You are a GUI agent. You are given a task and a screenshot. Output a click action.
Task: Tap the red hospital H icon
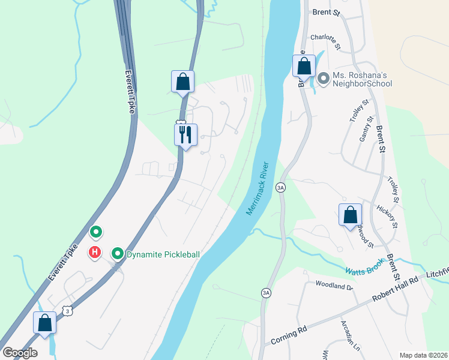[x=95, y=253]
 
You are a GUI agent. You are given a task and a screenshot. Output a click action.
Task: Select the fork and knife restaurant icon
[x=185, y=134]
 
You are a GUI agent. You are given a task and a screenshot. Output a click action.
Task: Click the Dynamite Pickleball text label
[x=163, y=254]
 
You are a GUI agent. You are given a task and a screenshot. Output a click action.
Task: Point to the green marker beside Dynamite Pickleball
[x=118, y=254]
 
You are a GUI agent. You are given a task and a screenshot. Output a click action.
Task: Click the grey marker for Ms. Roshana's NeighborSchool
[x=324, y=78]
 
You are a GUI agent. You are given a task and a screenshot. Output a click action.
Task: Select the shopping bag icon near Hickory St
[x=350, y=215]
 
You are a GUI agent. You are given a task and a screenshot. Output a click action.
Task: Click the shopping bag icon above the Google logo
[x=45, y=323]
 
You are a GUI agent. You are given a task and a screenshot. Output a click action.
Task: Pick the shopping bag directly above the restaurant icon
[x=182, y=82]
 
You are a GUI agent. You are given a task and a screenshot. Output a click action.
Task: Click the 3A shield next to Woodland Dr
[x=265, y=292]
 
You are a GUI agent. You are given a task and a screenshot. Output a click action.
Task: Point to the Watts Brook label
[x=366, y=269]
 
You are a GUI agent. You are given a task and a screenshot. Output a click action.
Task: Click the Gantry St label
[x=367, y=145]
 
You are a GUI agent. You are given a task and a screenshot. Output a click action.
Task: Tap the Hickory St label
[x=388, y=217]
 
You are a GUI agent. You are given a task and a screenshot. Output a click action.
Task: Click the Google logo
[x=20, y=353]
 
